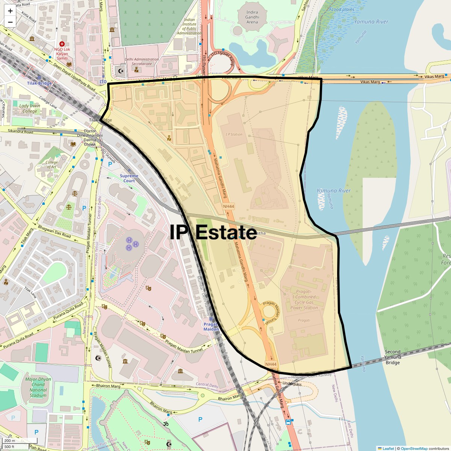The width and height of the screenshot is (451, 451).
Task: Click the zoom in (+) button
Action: pos(10,11)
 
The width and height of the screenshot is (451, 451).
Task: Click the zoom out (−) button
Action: pos(10,22)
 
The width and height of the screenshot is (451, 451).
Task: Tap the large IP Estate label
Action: pos(213,232)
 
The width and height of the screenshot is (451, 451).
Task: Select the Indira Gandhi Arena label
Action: pos(252,17)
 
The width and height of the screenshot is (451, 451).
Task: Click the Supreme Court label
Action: pos(129,178)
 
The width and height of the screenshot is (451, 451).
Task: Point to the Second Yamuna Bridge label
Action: pos(392,357)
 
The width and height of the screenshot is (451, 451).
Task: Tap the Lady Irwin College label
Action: pos(30,108)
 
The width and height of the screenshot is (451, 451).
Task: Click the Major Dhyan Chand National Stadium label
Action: pos(38,387)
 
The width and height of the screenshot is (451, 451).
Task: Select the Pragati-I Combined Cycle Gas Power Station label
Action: pos(304,300)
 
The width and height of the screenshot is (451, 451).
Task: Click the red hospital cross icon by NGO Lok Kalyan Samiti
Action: pos(62,44)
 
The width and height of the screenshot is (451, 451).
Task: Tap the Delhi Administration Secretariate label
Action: pos(142,61)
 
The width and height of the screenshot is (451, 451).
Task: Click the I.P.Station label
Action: pos(234,134)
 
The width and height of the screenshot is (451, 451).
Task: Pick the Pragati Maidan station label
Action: pos(211,327)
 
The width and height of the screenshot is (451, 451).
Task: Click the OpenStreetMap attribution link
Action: pos(414,448)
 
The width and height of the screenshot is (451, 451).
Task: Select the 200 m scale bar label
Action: pos(10,441)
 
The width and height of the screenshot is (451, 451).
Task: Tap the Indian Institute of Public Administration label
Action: pos(189,26)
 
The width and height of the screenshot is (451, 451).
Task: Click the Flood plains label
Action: pos(342,9)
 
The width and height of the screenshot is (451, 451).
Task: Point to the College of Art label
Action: pos(51,165)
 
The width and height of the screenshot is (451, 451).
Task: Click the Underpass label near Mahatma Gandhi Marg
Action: pos(292,384)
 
